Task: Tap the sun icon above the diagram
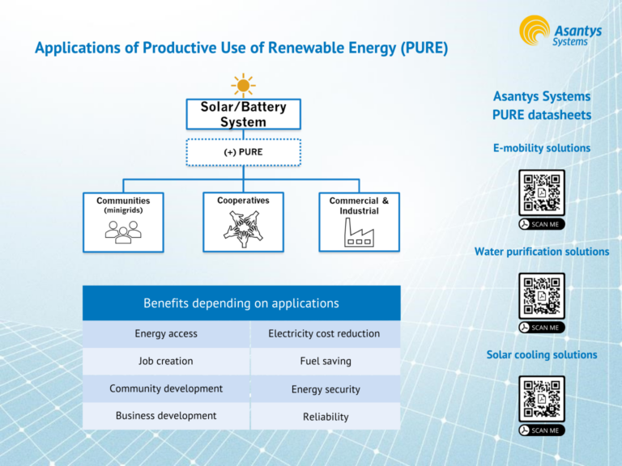click(x=243, y=85)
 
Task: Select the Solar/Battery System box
click(x=243, y=114)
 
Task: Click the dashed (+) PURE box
click(x=243, y=152)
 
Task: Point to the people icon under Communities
click(x=123, y=231)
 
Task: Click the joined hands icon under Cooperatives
click(x=243, y=230)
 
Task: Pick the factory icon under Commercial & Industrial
click(x=359, y=233)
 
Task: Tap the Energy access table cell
click(x=166, y=333)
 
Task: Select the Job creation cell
click(x=166, y=361)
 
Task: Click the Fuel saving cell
click(x=325, y=362)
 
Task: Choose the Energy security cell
click(x=325, y=389)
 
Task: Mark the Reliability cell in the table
click(x=325, y=417)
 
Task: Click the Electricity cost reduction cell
click(x=324, y=333)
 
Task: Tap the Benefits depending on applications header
click(x=241, y=303)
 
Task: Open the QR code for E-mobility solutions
click(x=542, y=193)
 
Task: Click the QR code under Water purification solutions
click(x=542, y=295)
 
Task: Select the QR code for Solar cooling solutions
click(x=542, y=398)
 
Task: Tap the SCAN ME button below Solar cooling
click(x=541, y=430)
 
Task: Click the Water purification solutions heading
click(x=541, y=252)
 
